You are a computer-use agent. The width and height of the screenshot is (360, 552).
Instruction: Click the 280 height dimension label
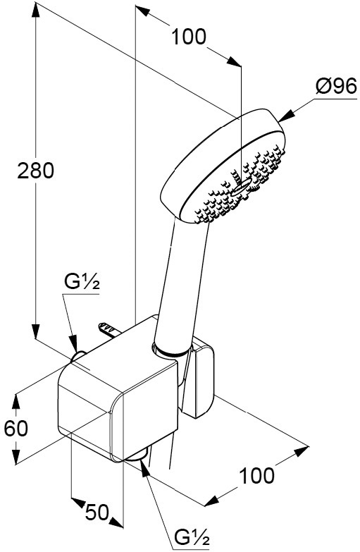[x=35, y=171]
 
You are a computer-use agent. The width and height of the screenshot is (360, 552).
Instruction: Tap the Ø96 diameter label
[x=337, y=86]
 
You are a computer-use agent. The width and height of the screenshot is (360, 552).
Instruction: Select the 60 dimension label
[x=15, y=429]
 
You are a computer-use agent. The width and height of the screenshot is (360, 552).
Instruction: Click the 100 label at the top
[x=188, y=37]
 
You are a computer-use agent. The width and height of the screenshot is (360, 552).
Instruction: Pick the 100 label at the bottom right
[x=256, y=476]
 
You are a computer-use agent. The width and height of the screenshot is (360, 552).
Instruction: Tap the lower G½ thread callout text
[x=192, y=537]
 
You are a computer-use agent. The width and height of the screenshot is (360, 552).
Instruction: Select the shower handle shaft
[x=180, y=285]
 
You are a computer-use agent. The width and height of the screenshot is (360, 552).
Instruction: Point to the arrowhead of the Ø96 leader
[x=286, y=115]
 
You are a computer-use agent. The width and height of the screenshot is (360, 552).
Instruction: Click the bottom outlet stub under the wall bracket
[x=137, y=455]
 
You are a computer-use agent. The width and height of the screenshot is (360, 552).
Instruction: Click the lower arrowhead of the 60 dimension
[x=15, y=456]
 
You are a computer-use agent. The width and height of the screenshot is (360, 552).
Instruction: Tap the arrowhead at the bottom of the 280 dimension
[x=35, y=331]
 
